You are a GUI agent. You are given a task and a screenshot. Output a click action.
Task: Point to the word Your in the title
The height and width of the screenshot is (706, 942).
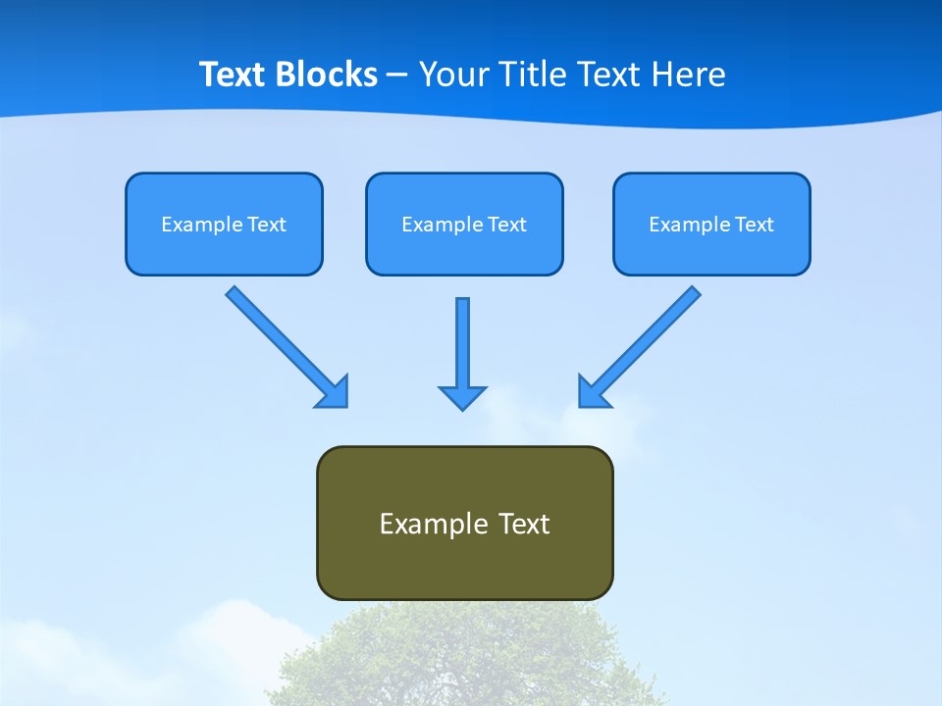(x=451, y=75)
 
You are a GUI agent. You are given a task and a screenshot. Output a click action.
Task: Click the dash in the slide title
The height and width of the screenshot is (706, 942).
(x=397, y=76)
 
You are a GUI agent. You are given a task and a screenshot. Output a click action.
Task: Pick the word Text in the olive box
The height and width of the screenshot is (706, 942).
(x=525, y=524)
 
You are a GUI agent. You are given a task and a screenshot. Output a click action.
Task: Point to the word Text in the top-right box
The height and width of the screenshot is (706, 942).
(x=755, y=225)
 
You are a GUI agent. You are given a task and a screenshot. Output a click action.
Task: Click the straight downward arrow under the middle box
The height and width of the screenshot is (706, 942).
(x=462, y=343)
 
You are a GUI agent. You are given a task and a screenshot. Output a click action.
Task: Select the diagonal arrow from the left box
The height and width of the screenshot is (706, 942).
(x=280, y=340)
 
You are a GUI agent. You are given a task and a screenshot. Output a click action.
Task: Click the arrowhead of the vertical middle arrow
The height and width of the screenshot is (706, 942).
(x=462, y=397)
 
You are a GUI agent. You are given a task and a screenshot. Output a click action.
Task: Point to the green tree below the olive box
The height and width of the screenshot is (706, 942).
(x=461, y=657)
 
